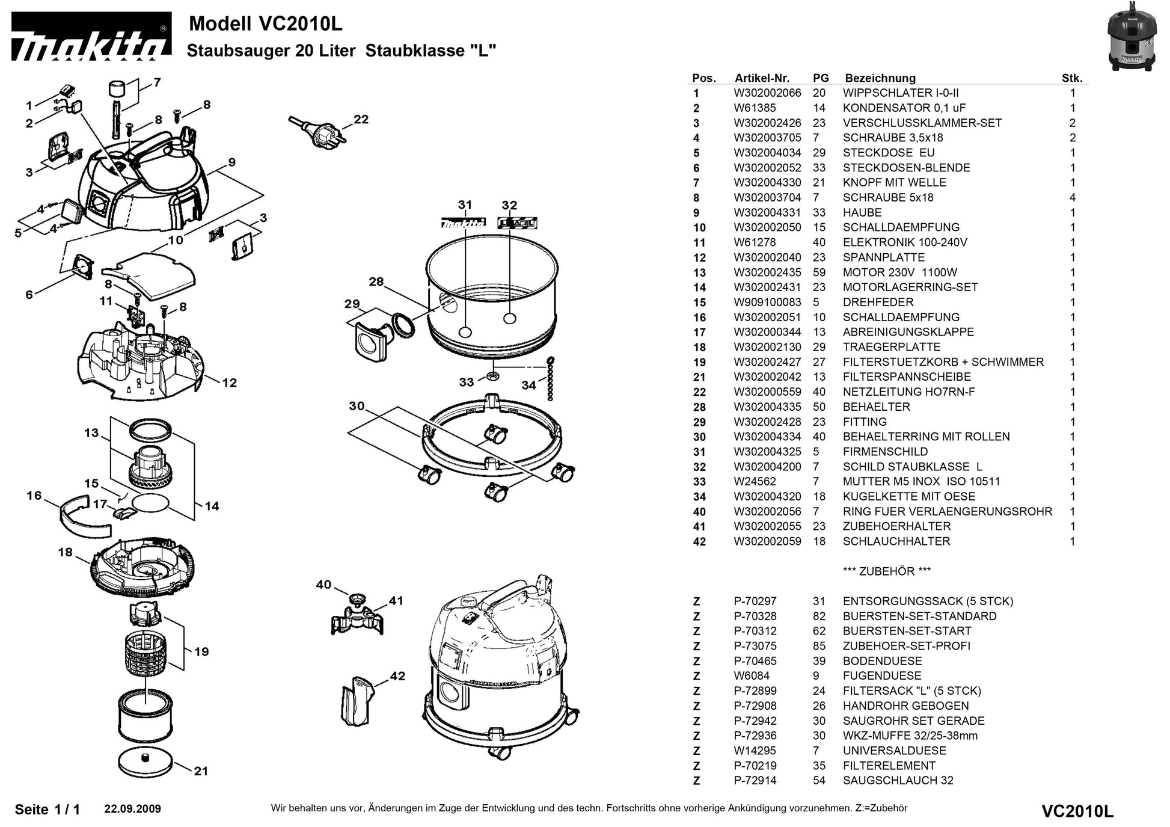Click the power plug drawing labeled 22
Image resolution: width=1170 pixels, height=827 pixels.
318,130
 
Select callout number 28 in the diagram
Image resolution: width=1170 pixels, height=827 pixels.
376,281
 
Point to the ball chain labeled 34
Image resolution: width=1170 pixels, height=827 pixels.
549,379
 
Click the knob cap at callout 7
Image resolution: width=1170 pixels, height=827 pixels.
117,88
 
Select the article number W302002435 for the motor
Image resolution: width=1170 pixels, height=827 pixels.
767,272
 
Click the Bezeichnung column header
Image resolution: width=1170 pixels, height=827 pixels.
880,78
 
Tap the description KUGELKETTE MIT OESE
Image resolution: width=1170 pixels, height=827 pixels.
908,497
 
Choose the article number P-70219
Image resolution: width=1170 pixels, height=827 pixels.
755,766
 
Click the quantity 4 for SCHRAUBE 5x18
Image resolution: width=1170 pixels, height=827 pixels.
1072,198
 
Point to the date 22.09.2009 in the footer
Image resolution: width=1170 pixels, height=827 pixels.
132,809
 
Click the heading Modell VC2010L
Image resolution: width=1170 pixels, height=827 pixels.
265,24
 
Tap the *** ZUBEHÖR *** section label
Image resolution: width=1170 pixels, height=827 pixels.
886,571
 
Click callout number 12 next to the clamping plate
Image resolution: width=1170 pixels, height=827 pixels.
229,383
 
